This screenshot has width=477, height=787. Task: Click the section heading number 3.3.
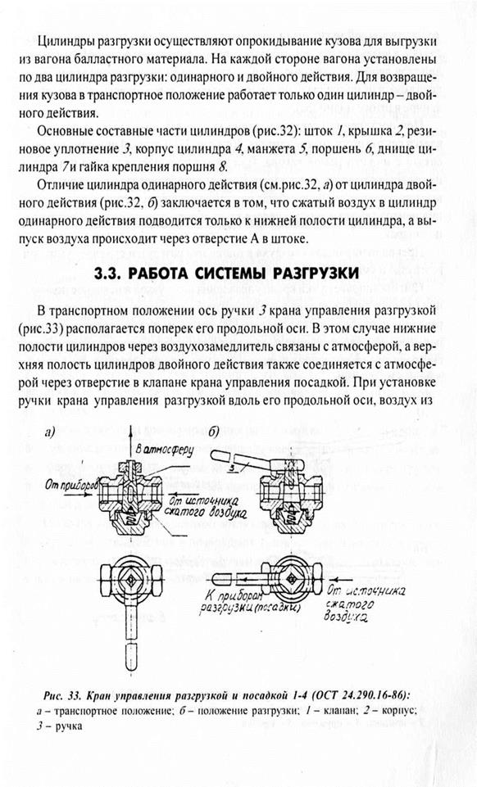pos(110,274)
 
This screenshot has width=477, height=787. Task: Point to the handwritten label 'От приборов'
pos(70,485)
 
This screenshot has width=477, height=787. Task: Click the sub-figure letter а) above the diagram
pos(50,434)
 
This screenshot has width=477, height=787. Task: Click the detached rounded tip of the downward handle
pos(130,657)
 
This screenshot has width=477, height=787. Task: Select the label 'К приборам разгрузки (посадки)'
pos(249,601)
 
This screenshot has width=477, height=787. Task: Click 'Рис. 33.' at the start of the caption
pos(63,695)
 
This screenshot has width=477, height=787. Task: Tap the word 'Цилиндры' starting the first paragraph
pos(63,42)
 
